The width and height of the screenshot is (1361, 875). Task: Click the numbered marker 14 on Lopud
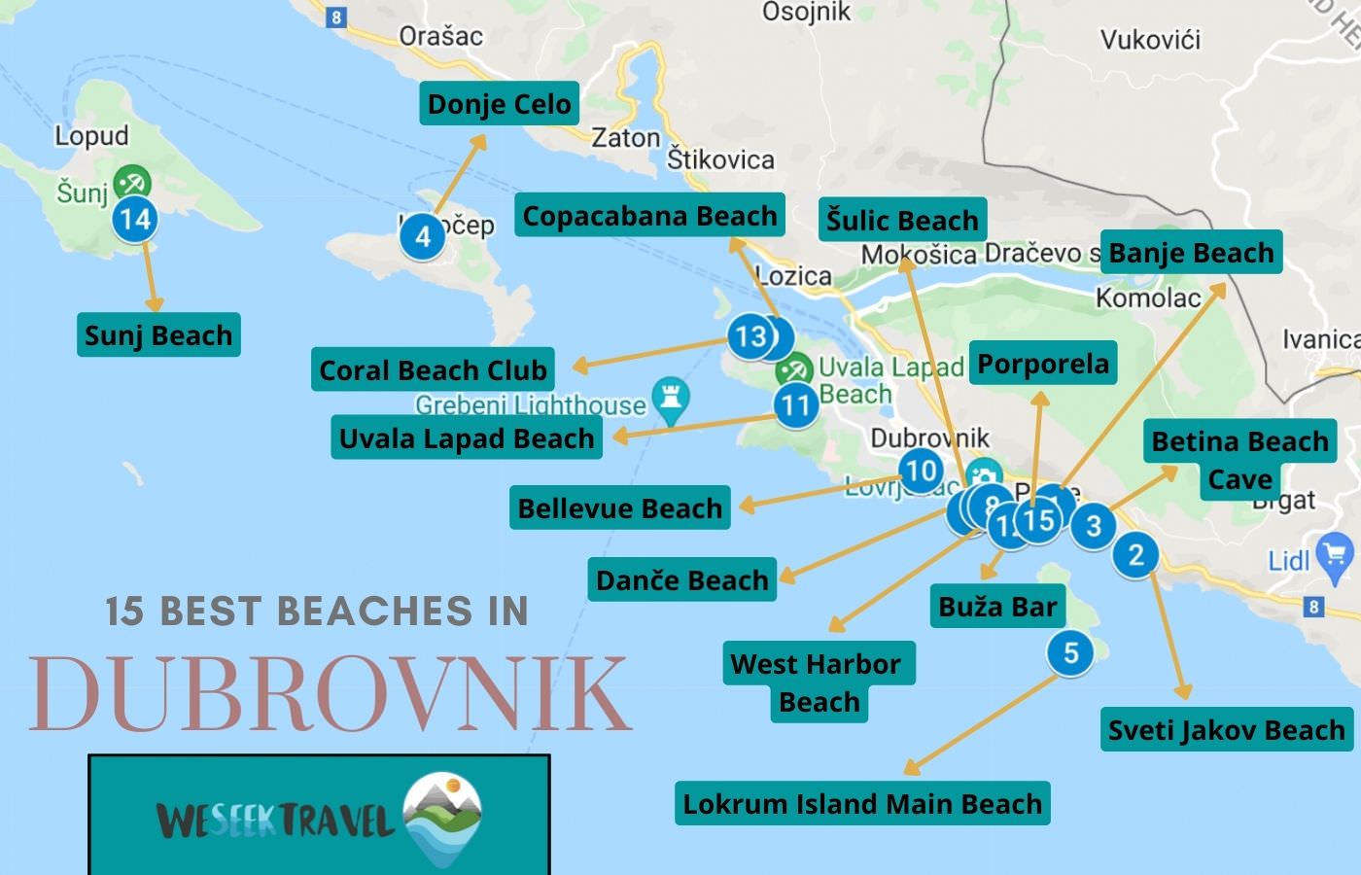(x=134, y=219)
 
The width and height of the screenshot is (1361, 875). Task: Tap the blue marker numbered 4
(x=423, y=236)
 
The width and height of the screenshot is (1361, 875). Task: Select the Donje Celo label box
(x=499, y=104)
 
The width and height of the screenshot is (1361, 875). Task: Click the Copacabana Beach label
(x=649, y=216)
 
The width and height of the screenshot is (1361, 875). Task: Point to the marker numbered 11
(x=795, y=404)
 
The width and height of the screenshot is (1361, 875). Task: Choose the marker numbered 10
(x=920, y=472)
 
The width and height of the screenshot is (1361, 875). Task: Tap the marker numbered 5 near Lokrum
(x=1070, y=652)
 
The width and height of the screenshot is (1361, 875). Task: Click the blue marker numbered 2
(x=1135, y=555)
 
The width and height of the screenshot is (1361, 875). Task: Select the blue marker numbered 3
(x=1094, y=526)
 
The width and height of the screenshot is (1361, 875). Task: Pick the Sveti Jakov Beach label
(x=1226, y=730)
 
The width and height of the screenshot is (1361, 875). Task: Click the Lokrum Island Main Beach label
(x=862, y=804)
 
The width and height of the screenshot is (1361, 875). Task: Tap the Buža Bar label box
(x=997, y=607)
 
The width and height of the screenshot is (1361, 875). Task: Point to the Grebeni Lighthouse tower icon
(x=671, y=397)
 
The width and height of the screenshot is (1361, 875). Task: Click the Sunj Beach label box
(x=158, y=335)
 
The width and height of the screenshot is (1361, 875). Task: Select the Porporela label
(x=1042, y=364)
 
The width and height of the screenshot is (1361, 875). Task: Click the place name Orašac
(x=440, y=37)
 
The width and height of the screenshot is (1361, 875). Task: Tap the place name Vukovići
(x=1150, y=40)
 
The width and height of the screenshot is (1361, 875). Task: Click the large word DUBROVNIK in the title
(x=331, y=694)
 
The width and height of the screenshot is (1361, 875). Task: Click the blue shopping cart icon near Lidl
(x=1335, y=555)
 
